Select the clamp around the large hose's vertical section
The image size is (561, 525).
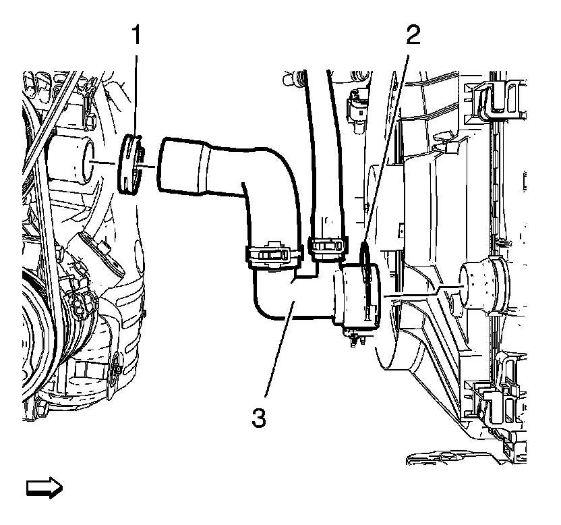(270, 256)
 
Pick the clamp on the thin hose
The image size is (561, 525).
(328, 245)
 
